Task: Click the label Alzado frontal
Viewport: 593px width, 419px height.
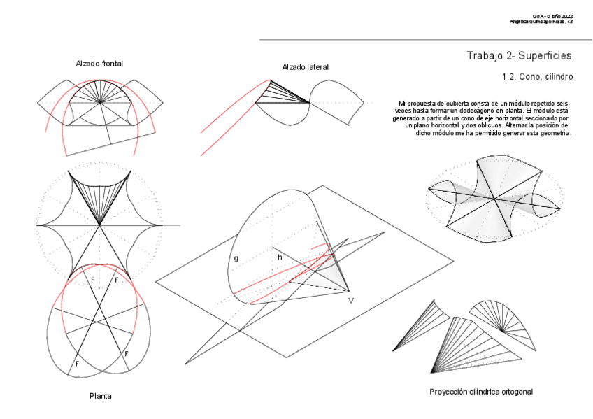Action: tap(99, 64)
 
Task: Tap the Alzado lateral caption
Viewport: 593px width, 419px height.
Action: tap(306, 67)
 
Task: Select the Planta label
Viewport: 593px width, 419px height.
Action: tap(100, 396)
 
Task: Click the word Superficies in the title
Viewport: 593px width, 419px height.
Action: tap(545, 55)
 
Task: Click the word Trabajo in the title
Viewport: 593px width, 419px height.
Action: tap(488, 55)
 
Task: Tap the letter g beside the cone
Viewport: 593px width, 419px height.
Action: tap(236, 258)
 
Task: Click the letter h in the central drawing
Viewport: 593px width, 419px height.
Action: tap(280, 257)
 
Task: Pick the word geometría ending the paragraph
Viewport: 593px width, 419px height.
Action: tap(554, 132)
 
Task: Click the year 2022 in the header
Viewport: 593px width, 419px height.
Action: tap(565, 16)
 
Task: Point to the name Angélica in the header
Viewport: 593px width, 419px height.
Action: tap(522, 22)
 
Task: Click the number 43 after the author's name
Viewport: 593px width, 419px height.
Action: tap(570, 22)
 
